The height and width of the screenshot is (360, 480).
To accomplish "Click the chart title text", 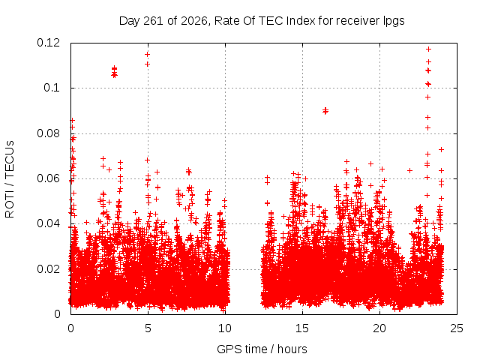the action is [262, 21].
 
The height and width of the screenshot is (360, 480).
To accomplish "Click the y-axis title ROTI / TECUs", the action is [10, 179].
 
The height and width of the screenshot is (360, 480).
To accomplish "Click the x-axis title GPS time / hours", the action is [262, 349].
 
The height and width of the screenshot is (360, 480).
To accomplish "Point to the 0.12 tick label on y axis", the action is [49, 43].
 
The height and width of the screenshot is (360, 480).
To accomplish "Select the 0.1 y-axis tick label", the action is [52, 88].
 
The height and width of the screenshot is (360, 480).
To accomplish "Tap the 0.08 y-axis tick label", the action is [49, 133].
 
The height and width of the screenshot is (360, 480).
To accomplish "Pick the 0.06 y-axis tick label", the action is [49, 178].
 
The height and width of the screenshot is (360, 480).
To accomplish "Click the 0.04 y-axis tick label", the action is [49, 223].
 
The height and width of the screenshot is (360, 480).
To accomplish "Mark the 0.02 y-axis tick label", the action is [49, 269].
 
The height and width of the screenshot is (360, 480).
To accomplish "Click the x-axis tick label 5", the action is [148, 328].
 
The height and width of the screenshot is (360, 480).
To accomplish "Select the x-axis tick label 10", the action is [225, 328].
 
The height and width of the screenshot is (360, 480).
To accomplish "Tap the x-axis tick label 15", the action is [302, 328].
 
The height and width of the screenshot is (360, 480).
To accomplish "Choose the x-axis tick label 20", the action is [379, 328].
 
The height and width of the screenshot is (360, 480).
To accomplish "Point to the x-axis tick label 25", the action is [457, 328].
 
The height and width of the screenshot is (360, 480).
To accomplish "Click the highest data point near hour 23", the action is [428, 49].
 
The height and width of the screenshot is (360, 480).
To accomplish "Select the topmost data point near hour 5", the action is [147, 55].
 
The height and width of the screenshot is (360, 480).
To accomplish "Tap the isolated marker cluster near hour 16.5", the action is [325, 111].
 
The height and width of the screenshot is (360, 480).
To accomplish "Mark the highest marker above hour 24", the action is [441, 150].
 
